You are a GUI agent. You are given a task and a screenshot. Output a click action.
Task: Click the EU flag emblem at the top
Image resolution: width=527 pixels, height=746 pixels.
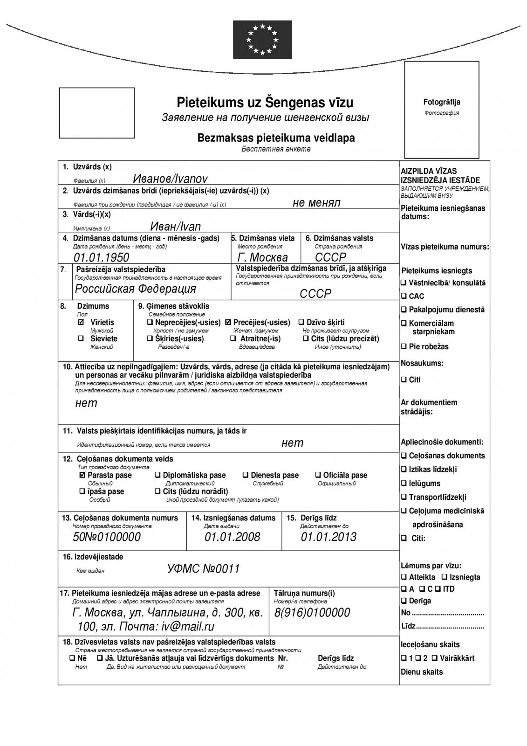(x=262, y=40)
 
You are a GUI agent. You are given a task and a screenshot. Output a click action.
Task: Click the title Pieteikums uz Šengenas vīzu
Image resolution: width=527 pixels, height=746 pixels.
(x=265, y=102)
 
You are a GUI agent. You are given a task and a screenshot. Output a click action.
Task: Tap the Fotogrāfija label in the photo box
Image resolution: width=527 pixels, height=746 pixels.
(x=441, y=102)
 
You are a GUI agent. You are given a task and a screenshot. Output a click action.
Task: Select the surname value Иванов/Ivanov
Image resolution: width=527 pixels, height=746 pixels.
(x=170, y=179)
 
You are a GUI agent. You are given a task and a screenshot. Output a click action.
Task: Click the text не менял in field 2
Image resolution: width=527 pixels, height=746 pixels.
(x=316, y=202)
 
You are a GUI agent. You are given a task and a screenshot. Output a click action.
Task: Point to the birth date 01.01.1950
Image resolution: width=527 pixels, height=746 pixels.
(x=101, y=257)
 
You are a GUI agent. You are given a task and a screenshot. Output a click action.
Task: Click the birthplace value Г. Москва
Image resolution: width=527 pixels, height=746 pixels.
(x=262, y=257)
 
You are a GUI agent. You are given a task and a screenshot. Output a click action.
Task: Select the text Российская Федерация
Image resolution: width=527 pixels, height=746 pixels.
(x=136, y=289)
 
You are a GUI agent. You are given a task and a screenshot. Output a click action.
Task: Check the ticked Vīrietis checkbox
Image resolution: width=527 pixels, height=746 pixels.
(x=81, y=322)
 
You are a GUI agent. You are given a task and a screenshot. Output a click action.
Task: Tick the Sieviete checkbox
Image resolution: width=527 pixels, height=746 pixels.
(x=81, y=338)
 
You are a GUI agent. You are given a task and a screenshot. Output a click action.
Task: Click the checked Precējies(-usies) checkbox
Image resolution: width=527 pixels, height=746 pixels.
(x=228, y=322)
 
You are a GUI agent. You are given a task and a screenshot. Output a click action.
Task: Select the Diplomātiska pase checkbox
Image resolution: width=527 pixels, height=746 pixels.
(x=157, y=475)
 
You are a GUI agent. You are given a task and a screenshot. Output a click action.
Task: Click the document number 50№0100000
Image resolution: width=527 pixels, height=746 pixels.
(x=107, y=537)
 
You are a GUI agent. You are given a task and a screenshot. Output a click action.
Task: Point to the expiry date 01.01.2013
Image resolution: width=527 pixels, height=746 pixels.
(x=329, y=537)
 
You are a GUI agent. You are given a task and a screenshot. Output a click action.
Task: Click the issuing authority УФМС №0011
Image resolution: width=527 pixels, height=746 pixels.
(x=203, y=569)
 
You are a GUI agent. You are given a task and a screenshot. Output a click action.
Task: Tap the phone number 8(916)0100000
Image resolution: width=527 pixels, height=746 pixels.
(x=312, y=613)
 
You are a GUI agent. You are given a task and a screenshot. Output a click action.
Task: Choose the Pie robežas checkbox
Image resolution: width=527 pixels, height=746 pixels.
(x=404, y=346)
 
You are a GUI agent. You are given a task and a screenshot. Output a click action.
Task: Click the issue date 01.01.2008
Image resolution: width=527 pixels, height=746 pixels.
(x=232, y=537)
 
